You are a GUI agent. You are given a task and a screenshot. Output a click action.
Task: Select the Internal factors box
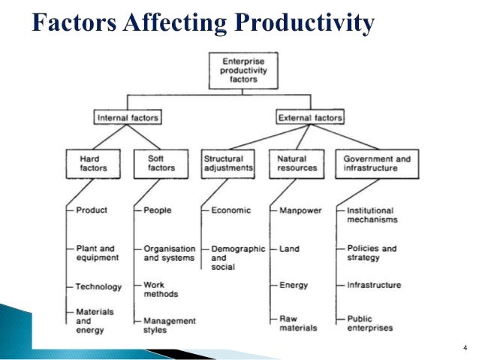click(128, 118)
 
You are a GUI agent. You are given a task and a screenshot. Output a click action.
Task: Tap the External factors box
click(309, 118)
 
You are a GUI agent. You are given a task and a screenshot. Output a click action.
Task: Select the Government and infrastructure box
click(377, 164)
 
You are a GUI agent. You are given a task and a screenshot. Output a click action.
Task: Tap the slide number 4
click(465, 346)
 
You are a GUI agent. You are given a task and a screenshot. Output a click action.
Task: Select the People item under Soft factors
click(158, 211)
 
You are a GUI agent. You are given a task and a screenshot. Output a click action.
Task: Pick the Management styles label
click(170, 325)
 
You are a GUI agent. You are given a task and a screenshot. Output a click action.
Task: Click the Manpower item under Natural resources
click(300, 211)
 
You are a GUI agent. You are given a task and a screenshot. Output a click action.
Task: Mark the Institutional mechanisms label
click(372, 216)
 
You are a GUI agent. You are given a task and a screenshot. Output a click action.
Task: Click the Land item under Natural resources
click(289, 249)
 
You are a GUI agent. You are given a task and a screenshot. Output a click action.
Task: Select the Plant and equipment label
click(97, 253)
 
